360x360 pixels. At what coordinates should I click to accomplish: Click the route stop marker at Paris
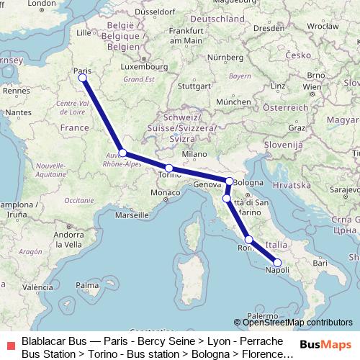[x=82, y=77]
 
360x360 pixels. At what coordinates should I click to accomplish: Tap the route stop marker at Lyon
[x=123, y=153]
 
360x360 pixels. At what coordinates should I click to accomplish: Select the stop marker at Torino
[x=169, y=168]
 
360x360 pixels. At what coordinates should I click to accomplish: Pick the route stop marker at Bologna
[x=230, y=181]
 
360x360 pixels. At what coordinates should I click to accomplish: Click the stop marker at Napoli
[x=277, y=263]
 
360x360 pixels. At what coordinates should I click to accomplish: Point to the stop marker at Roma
[x=249, y=240]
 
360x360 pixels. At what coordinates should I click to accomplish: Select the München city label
[x=232, y=102]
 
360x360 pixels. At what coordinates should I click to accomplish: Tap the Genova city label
[x=205, y=184]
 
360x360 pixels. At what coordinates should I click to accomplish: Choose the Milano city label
[x=194, y=154]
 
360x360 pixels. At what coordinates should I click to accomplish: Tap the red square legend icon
[x=9, y=344]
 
